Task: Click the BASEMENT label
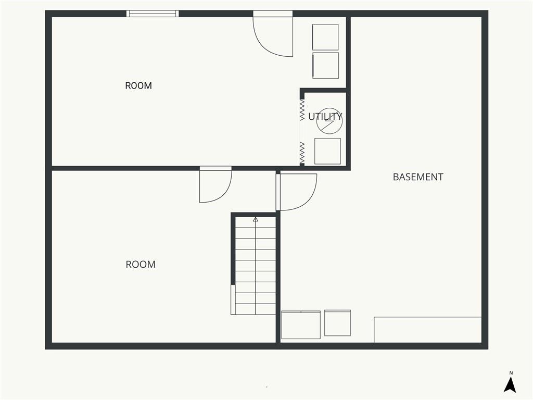[x=418, y=177]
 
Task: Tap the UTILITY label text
[x=325, y=116]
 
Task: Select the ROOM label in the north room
[x=138, y=85]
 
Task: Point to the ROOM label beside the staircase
[x=141, y=264]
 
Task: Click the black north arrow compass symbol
[x=510, y=385]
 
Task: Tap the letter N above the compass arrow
[x=511, y=373]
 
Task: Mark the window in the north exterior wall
[x=153, y=14]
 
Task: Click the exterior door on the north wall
[x=273, y=34]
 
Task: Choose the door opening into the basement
[x=296, y=192]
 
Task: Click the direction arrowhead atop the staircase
[x=256, y=220]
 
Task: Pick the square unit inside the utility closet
[x=328, y=151]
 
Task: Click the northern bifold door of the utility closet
[x=302, y=110]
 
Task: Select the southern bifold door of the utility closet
[x=302, y=153]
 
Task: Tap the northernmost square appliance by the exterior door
[x=325, y=37]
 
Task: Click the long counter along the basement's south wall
[x=428, y=330]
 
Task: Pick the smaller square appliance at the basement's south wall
[x=337, y=323]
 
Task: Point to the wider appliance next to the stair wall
[x=301, y=325]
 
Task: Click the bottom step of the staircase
[x=255, y=309]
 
